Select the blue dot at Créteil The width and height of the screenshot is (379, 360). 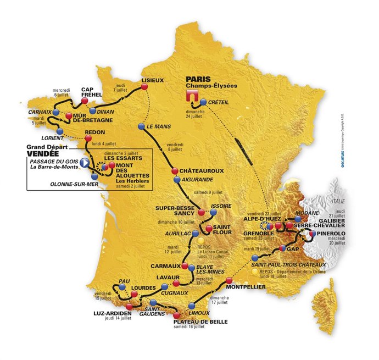pos(203,102)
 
